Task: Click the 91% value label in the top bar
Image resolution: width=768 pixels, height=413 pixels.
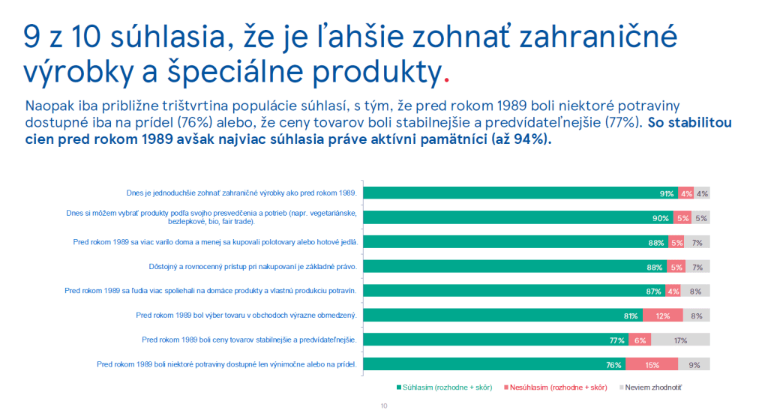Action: point(666,193)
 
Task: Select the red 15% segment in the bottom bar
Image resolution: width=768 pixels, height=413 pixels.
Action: point(652,365)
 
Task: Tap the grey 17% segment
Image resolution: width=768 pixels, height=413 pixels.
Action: point(680,340)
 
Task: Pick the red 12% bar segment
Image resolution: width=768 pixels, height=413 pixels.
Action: point(662,316)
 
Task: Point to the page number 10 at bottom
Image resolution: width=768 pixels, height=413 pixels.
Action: point(384,406)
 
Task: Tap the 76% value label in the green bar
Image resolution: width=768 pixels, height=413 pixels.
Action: point(613,365)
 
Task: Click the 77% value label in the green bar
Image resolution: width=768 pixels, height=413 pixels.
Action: point(617,340)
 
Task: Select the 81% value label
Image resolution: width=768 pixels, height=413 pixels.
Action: point(630,316)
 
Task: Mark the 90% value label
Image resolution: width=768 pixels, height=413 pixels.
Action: point(661,218)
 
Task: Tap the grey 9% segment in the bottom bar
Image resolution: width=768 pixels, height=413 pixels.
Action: point(694,365)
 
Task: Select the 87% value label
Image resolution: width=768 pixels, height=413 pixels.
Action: point(652,292)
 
